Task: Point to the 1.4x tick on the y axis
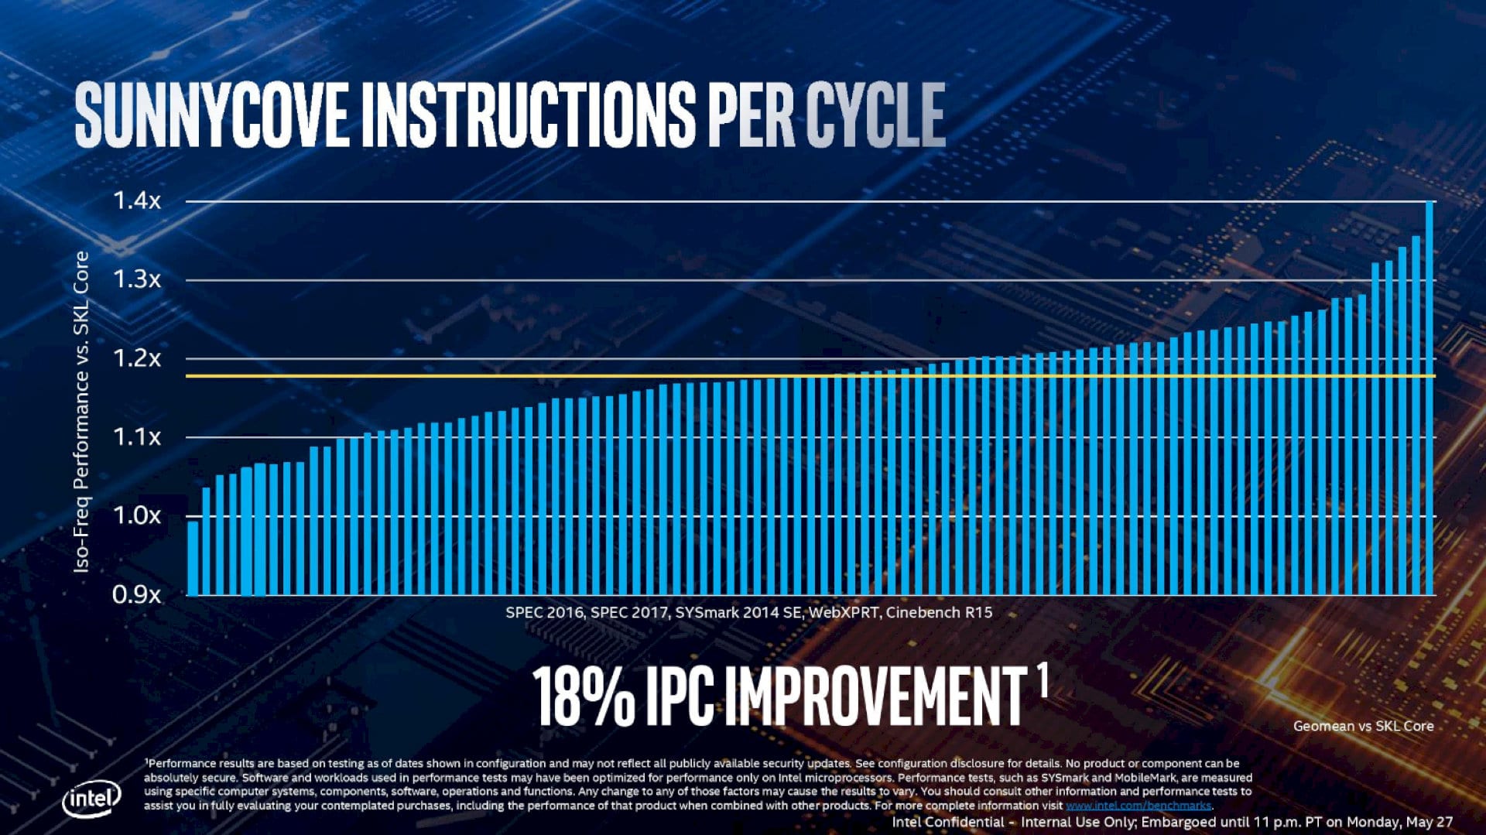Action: (137, 201)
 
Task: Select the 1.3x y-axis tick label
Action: (137, 279)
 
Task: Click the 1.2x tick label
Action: (137, 358)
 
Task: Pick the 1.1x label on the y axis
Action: (137, 437)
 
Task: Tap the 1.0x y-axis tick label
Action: (137, 515)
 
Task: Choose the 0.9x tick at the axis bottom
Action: (137, 595)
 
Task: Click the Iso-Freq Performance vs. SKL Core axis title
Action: (81, 412)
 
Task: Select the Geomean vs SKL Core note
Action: (1363, 726)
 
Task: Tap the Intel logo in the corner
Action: (91, 799)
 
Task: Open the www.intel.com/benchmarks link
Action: (1138, 806)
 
